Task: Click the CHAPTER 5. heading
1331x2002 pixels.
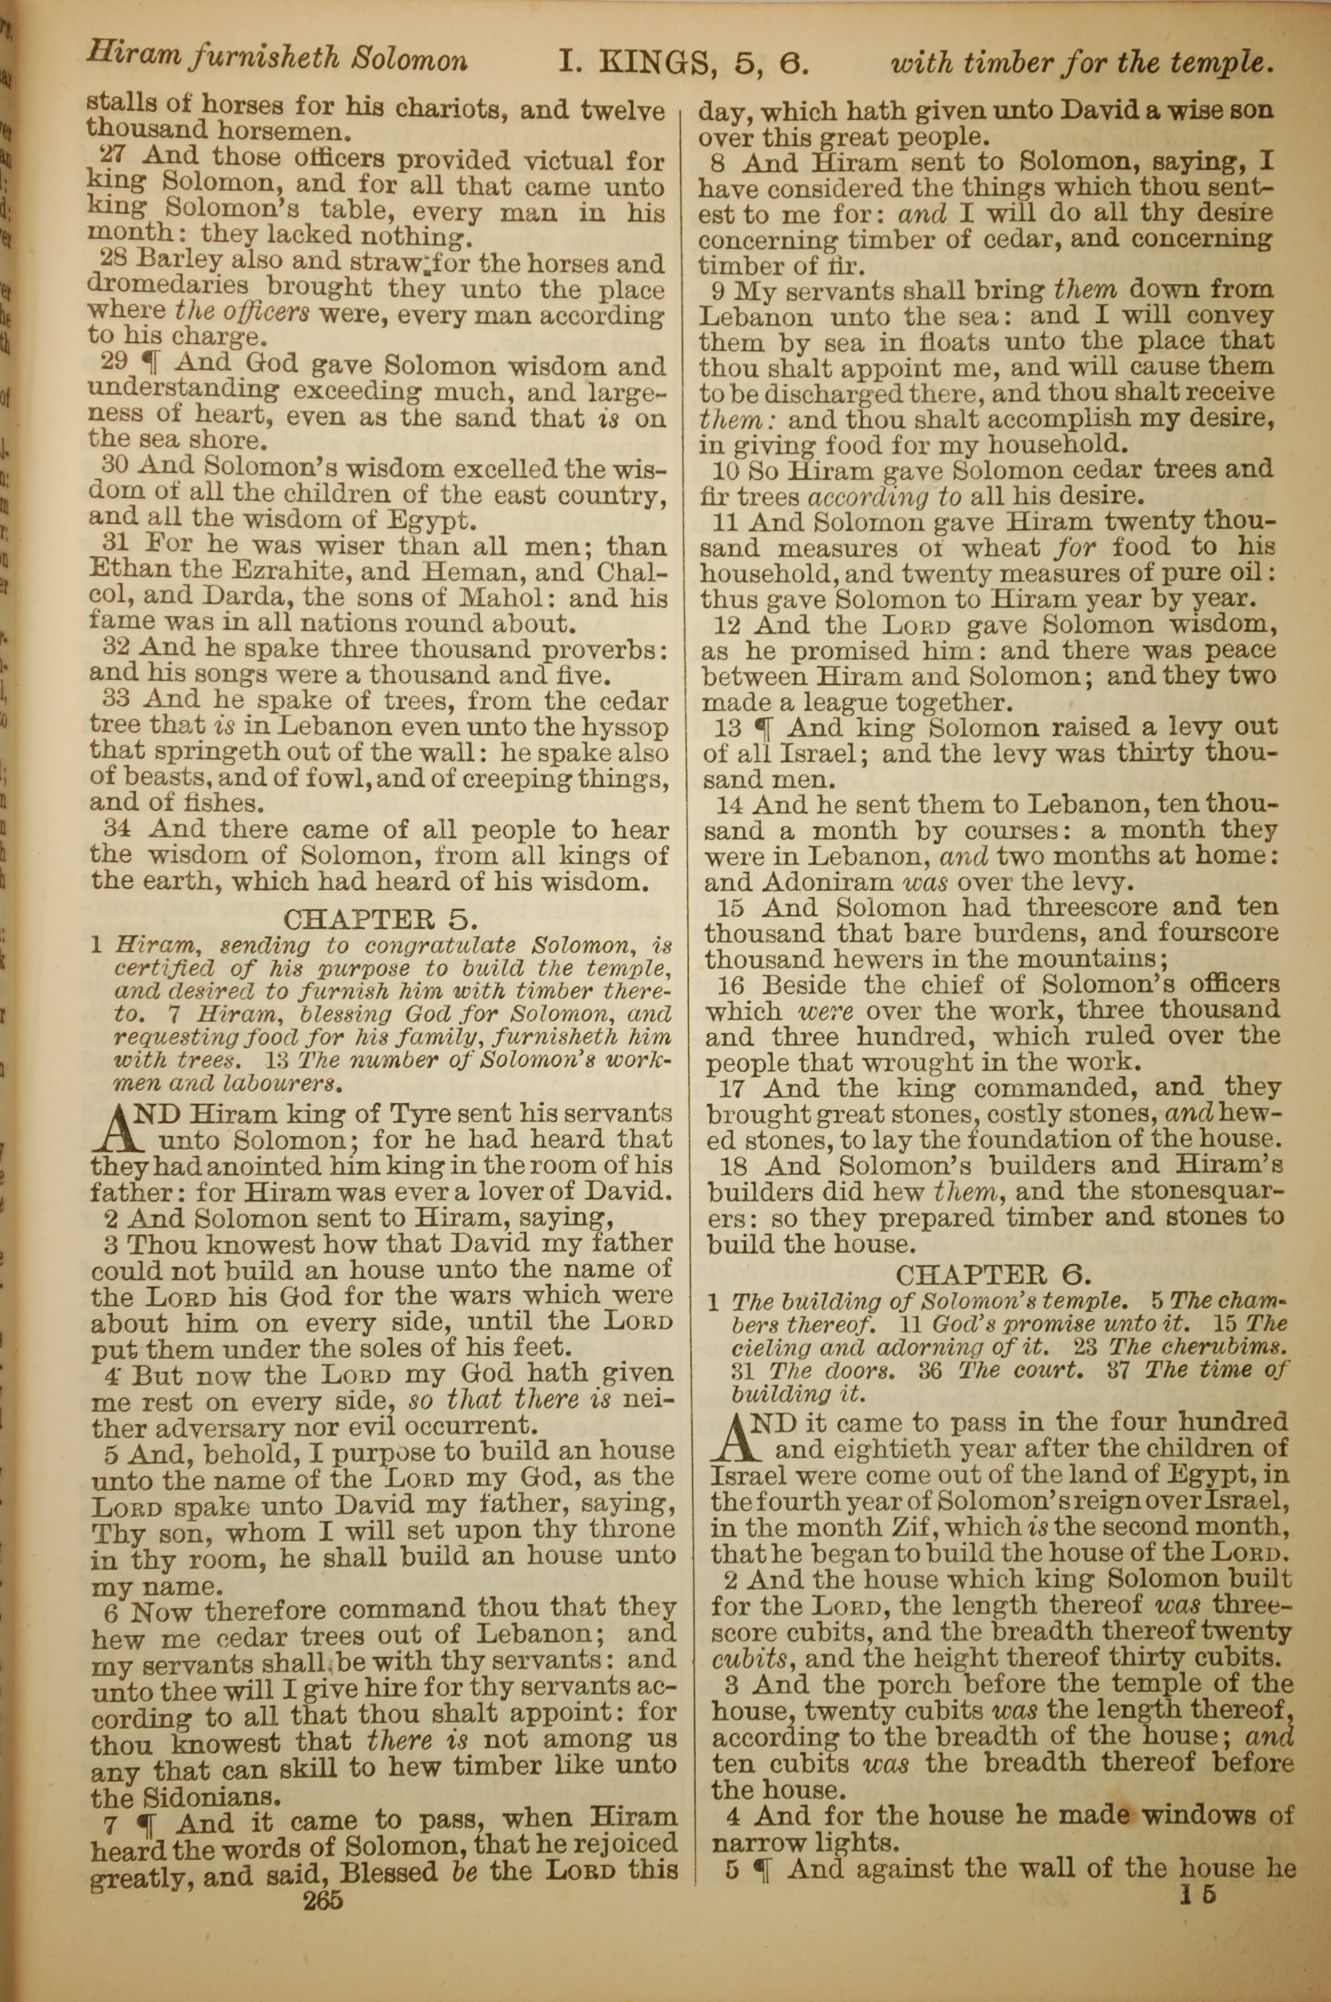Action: tap(381, 919)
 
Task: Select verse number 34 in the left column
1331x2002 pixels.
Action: tap(116, 829)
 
